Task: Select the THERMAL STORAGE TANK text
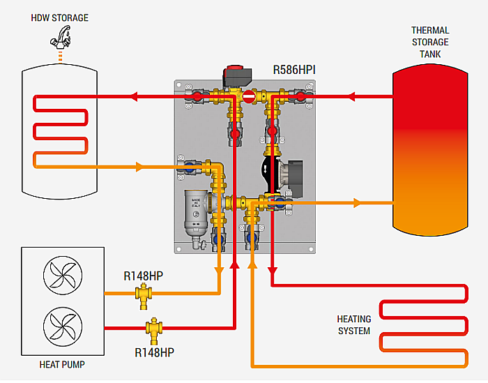pyautogui.click(x=430, y=43)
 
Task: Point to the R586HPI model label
pyautogui.click(x=296, y=70)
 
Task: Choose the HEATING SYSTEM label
pyautogui.click(x=354, y=324)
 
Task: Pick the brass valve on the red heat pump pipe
pyautogui.click(x=153, y=328)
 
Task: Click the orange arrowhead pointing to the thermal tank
pyautogui.click(x=358, y=203)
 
